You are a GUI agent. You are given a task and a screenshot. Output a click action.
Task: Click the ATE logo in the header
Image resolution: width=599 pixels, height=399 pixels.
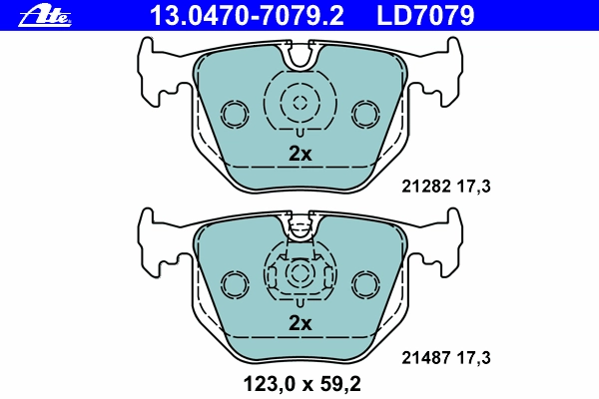click(45, 16)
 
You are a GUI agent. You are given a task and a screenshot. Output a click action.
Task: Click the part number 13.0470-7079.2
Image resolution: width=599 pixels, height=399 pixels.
click(247, 15)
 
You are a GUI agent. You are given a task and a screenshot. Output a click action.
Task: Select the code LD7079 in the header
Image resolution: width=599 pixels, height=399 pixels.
click(425, 15)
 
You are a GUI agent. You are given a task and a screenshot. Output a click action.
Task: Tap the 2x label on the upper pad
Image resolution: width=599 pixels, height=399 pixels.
click(299, 154)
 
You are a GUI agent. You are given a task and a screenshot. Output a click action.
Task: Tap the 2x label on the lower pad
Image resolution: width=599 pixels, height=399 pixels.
click(299, 323)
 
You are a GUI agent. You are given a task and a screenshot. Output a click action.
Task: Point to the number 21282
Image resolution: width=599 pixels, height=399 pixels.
click(426, 187)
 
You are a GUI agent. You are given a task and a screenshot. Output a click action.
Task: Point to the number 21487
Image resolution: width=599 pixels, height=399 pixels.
click(426, 358)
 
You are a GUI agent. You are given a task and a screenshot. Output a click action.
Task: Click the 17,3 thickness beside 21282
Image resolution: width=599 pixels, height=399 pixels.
click(473, 187)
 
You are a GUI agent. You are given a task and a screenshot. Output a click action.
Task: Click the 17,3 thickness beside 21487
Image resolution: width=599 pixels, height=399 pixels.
click(473, 358)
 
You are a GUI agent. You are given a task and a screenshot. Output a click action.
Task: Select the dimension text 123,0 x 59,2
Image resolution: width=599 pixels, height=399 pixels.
click(301, 384)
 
